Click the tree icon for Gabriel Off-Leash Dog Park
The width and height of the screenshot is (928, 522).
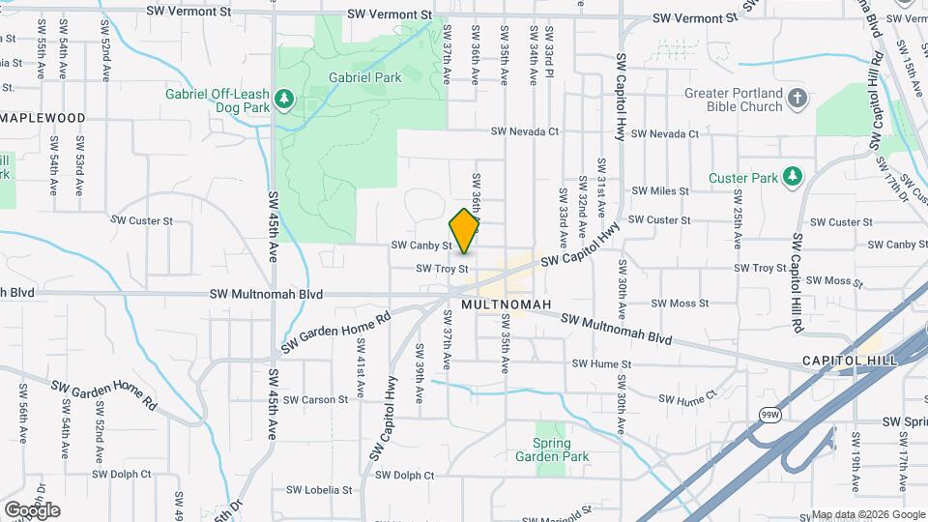click(x=283, y=98)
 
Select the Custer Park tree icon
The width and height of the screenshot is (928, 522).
click(x=793, y=176)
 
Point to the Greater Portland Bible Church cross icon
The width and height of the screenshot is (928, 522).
click(x=797, y=98)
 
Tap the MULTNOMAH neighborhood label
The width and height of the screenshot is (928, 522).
click(x=506, y=304)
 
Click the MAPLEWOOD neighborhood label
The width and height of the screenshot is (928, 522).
click(x=43, y=118)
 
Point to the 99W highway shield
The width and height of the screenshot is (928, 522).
click(x=769, y=415)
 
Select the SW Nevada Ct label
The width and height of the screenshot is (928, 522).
click(x=524, y=131)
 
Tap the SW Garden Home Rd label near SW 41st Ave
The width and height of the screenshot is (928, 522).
click(x=335, y=331)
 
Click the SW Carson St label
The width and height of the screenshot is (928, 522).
click(x=317, y=399)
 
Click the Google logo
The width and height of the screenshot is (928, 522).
click(x=32, y=509)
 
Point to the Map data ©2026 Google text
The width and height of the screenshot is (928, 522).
click(x=868, y=514)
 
